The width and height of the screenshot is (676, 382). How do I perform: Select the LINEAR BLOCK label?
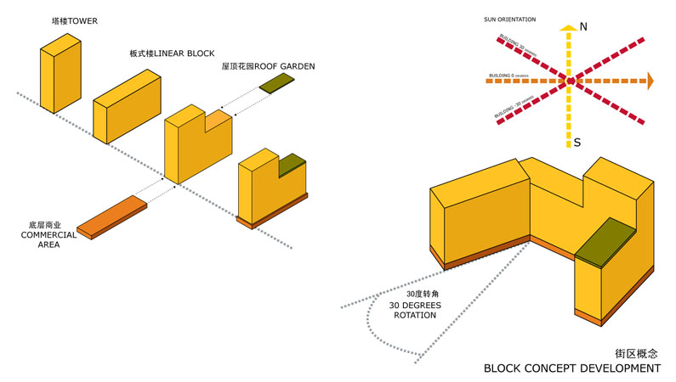tap(159, 53)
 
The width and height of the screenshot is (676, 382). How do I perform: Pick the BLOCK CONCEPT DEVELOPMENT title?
tap(571, 369)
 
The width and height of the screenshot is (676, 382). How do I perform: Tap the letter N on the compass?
tap(583, 27)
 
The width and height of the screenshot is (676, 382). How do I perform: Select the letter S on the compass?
tap(577, 142)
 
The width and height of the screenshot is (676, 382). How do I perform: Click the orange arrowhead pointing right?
tap(650, 81)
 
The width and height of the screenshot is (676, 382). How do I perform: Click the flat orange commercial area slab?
tap(112, 216)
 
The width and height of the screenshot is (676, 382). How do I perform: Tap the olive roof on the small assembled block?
tap(292, 163)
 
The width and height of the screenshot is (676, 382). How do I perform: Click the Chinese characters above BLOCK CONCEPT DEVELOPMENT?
tap(637, 352)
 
